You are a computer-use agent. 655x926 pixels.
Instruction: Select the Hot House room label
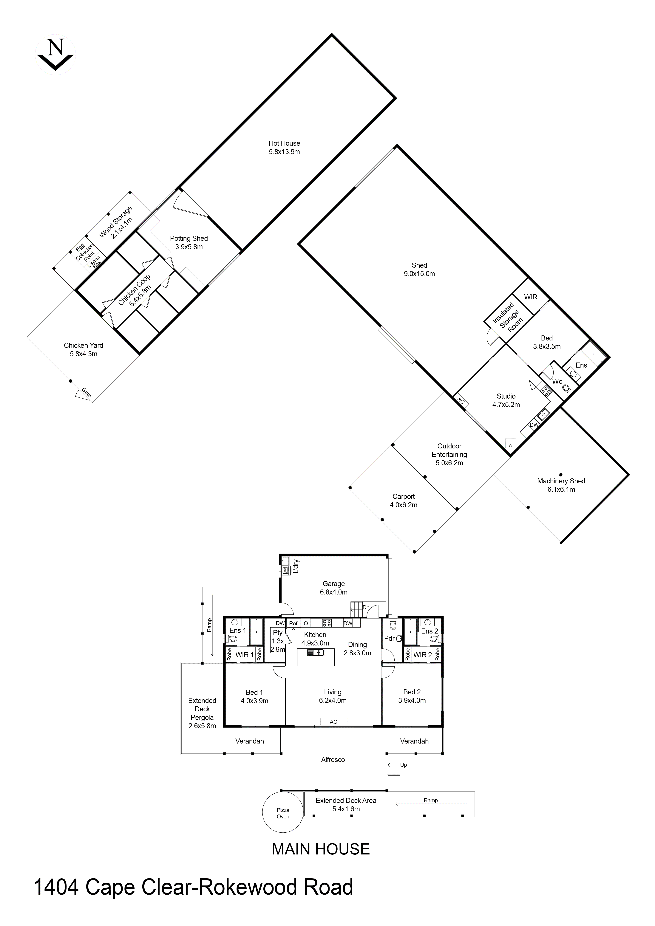(284, 143)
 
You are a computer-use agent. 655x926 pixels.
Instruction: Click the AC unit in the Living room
(333, 721)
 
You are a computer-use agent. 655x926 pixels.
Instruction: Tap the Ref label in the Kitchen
(293, 623)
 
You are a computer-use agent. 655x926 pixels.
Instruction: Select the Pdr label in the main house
(389, 638)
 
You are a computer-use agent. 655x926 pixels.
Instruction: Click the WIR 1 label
(244, 655)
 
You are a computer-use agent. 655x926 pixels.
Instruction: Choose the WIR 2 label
(422, 655)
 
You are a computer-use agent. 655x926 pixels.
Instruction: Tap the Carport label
(403, 496)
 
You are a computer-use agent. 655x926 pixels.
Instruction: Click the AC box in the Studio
(461, 402)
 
